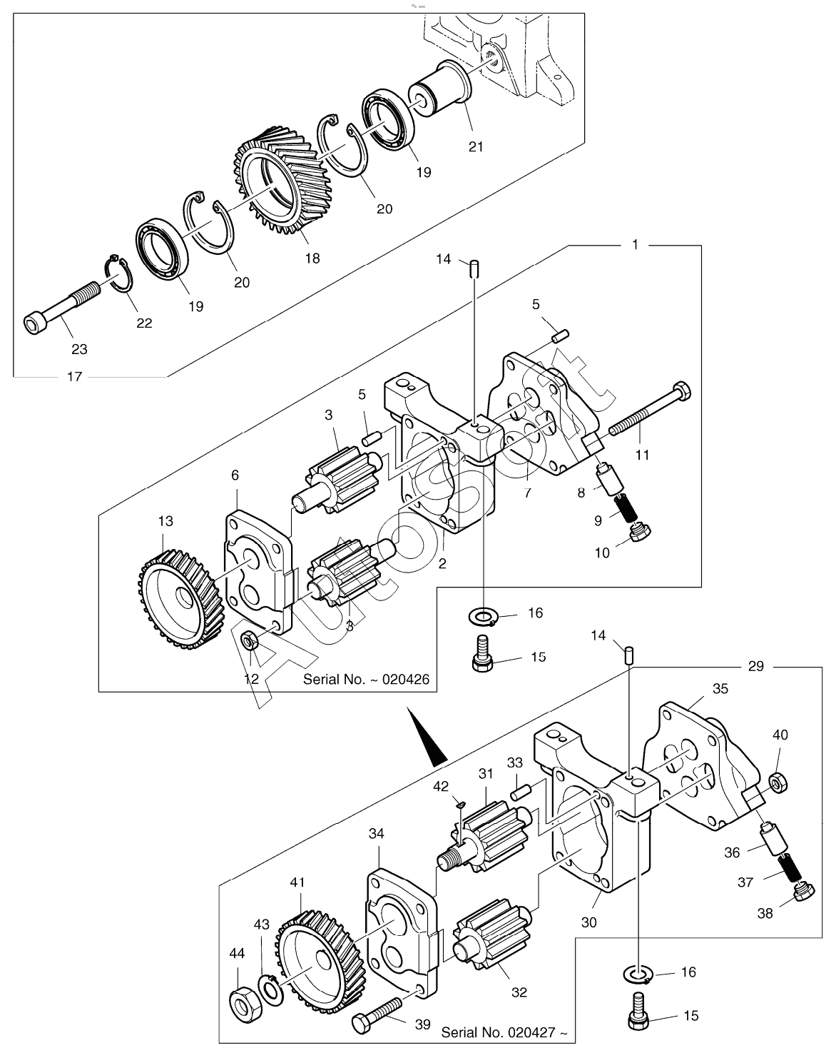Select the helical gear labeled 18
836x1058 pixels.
282,183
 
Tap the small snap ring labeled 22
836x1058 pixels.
119,274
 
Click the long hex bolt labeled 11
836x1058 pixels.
650,408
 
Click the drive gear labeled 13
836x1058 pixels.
180,601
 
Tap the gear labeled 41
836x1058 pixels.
322,959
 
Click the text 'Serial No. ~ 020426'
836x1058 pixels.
366,680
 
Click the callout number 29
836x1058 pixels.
756,666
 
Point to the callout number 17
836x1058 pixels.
74,377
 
